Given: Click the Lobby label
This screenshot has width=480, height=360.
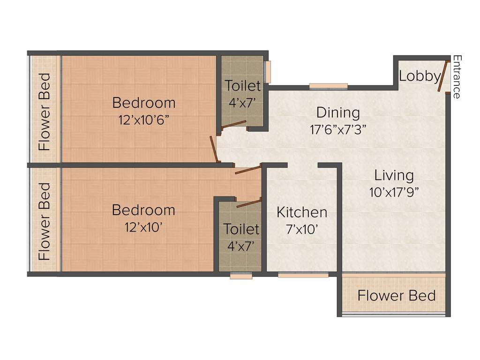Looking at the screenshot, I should pyautogui.click(x=420, y=76).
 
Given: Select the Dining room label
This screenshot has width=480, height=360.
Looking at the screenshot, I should pyautogui.click(x=338, y=112).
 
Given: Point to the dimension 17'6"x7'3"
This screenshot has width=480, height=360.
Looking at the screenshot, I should pyautogui.click(x=338, y=129).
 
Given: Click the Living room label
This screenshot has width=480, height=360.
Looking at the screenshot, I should pyautogui.click(x=394, y=175).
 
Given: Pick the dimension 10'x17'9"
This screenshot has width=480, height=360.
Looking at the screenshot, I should pyautogui.click(x=394, y=192).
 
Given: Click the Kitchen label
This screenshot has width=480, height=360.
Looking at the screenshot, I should pyautogui.click(x=302, y=212).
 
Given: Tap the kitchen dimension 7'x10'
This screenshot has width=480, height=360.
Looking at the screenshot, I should pyautogui.click(x=302, y=229).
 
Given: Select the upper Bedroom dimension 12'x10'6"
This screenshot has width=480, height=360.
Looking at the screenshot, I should pyautogui.click(x=144, y=119).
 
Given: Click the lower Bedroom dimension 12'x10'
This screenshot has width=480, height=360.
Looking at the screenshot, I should pyautogui.click(x=144, y=227).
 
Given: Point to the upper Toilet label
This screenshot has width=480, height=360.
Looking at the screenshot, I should pyautogui.click(x=242, y=86).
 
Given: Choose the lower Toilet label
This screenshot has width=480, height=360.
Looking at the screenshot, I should pyautogui.click(x=241, y=229).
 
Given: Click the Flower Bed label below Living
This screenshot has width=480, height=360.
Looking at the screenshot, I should pyautogui.click(x=396, y=296).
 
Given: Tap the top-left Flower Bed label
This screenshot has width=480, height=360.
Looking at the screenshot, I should pyautogui.click(x=45, y=112).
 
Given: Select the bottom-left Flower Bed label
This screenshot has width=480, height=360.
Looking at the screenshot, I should pyautogui.click(x=45, y=221).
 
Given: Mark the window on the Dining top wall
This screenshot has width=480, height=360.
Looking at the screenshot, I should pyautogui.click(x=328, y=86).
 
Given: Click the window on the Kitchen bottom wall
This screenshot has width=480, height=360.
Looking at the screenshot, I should pyautogui.click(x=303, y=275).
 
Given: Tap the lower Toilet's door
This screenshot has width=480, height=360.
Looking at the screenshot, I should pyautogui.click(x=249, y=203).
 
